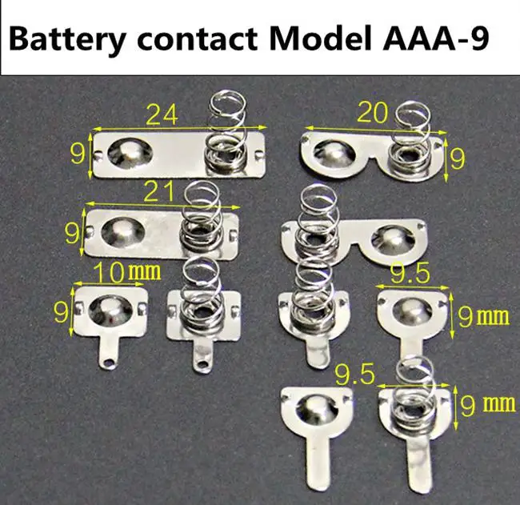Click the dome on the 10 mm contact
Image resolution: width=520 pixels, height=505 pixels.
(107, 307)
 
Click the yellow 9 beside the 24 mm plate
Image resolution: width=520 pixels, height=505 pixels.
(77, 153)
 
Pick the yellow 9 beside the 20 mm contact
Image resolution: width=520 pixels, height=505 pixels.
(458, 157)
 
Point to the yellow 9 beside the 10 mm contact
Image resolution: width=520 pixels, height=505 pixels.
(62, 311)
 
